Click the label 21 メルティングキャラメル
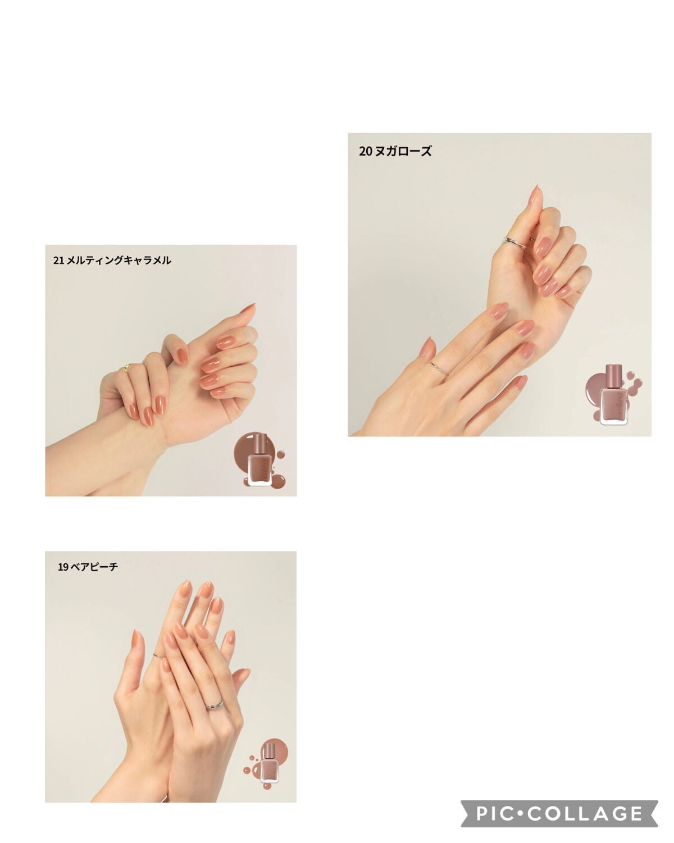112,260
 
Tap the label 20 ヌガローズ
395,151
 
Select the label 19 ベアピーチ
88,567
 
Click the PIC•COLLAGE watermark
559,814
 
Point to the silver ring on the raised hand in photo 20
514,241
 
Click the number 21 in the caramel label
58,260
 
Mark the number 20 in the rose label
365,151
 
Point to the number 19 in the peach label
63,567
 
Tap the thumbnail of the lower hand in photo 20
426,347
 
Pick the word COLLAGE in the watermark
585,814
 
